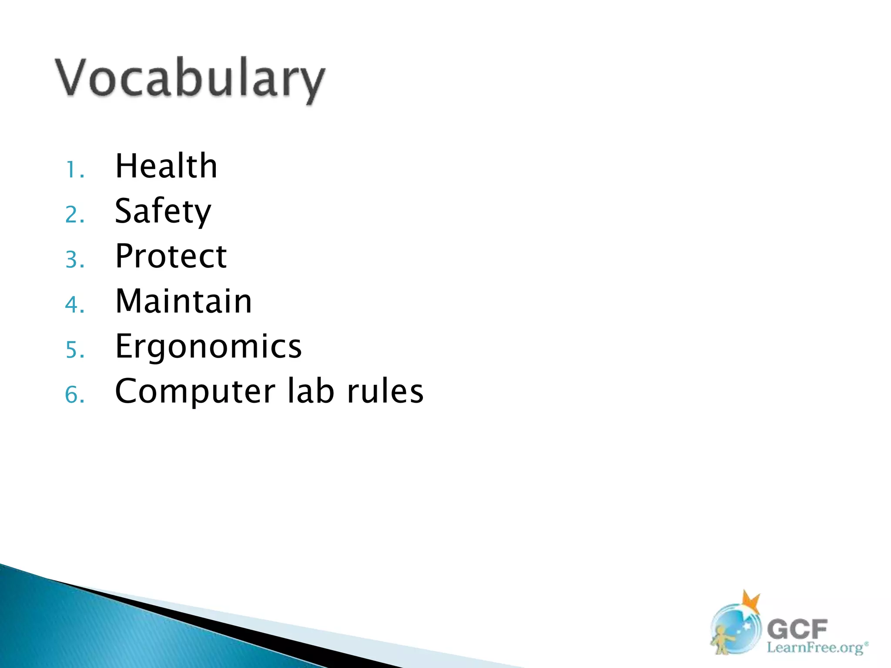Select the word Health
tap(166, 166)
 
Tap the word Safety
tap(163, 211)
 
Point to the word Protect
tap(171, 256)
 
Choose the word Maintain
tap(183, 301)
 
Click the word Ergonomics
tap(208, 346)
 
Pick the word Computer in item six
tap(195, 391)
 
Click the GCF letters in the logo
tap(797, 629)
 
